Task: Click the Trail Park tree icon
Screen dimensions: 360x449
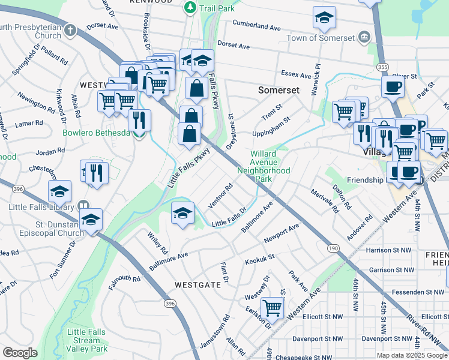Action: [x=190, y=7]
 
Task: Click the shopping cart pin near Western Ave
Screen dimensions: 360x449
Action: [x=273, y=308]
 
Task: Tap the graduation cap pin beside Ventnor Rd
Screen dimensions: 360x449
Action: [x=183, y=212]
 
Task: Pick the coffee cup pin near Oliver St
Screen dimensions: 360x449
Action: [x=393, y=86]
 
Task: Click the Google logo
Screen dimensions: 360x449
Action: [x=20, y=352]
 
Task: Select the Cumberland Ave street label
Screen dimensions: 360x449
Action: [x=258, y=28]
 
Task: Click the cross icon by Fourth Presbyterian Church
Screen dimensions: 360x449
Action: [x=70, y=29]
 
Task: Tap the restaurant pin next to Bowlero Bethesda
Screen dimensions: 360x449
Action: [x=139, y=119]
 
